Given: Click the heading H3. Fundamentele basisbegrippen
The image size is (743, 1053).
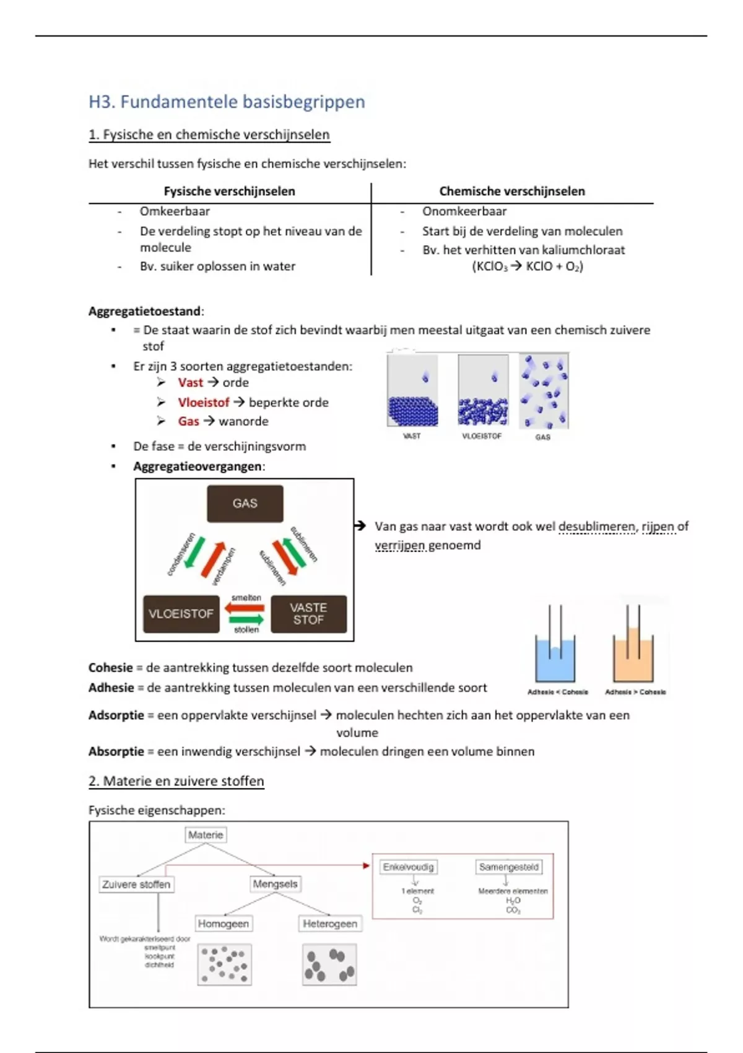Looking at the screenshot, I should coord(227,102).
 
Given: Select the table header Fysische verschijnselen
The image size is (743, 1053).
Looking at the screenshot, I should coord(229,191).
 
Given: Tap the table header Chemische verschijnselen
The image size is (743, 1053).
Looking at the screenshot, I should coord(512,191).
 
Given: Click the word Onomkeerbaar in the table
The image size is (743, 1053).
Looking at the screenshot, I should coord(464,211).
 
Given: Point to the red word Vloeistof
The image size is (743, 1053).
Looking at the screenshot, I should coord(203,403).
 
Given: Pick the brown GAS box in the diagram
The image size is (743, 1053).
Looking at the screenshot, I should coord(245,504).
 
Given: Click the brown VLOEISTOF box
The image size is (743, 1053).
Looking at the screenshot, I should coord(181,614).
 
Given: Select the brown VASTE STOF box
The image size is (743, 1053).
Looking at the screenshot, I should coord(308,614).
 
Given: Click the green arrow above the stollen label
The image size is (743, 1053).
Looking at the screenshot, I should coord(246,619).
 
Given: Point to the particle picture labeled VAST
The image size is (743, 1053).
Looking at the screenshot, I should coord(412,391).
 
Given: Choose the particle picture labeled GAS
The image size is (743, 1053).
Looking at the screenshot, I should coord(544,391).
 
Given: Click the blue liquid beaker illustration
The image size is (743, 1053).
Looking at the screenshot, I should coord(555,647).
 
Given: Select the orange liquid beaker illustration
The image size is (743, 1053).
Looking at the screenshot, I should coord(633,647).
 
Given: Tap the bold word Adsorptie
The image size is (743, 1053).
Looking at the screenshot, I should coord(116,715).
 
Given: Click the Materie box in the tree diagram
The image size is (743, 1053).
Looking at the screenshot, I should coord(206,835).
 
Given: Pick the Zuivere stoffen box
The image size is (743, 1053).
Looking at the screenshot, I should coord(136,885).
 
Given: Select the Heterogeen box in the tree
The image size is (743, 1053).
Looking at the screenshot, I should coord(330,924).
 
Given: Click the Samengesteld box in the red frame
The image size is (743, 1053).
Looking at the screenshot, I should coord(509,867).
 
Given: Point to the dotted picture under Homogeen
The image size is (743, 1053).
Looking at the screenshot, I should coord(225,964).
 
